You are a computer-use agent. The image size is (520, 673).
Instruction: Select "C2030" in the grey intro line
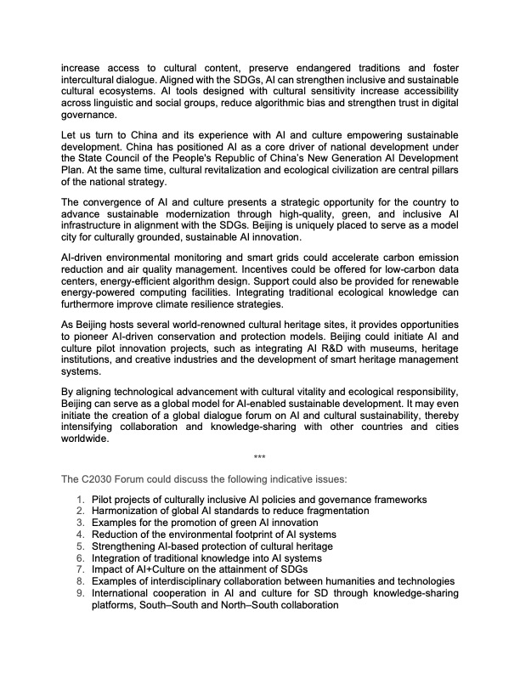pos(99,479)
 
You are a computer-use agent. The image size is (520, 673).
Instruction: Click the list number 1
pos(80,499)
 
